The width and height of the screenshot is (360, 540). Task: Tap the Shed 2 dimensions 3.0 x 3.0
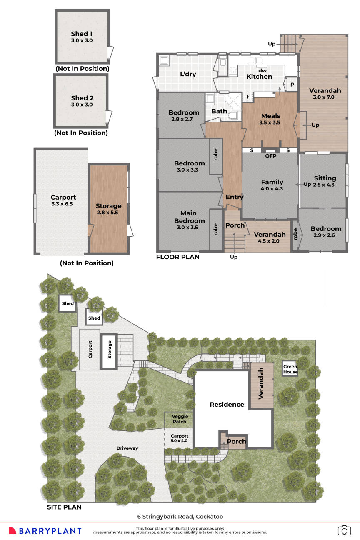pyautogui.click(x=82, y=105)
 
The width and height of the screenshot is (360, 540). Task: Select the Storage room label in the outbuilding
pyautogui.click(x=108, y=206)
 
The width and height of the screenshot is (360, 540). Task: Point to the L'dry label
pyautogui.click(x=188, y=74)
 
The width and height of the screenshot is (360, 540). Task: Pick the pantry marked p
pyautogui.click(x=292, y=84)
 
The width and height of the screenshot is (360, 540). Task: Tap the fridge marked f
pyautogui.click(x=248, y=97)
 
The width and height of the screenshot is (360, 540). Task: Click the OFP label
pyautogui.click(x=271, y=156)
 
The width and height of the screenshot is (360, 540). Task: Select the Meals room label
pyautogui.click(x=270, y=116)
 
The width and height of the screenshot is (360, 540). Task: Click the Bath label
pyautogui.click(x=219, y=111)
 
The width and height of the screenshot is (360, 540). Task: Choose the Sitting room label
pyautogui.click(x=325, y=178)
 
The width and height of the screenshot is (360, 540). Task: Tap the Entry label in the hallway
pyautogui.click(x=234, y=197)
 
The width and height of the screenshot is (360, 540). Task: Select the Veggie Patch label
pyautogui.click(x=180, y=419)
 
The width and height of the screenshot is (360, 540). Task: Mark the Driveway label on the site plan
pyautogui.click(x=127, y=448)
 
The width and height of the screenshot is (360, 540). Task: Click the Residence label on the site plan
pyautogui.click(x=227, y=404)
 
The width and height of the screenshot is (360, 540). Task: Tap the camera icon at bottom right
pyautogui.click(x=344, y=530)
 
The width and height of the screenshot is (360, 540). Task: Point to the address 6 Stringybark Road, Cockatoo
pyautogui.click(x=180, y=517)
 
